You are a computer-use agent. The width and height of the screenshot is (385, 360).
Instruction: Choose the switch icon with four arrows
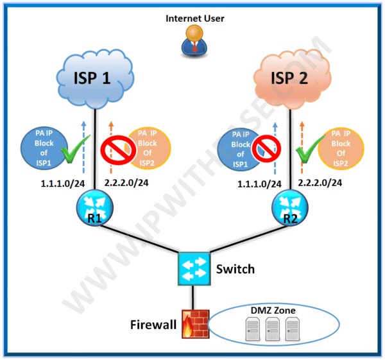point(193,268)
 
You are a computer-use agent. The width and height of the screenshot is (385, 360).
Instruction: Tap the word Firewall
point(152,325)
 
